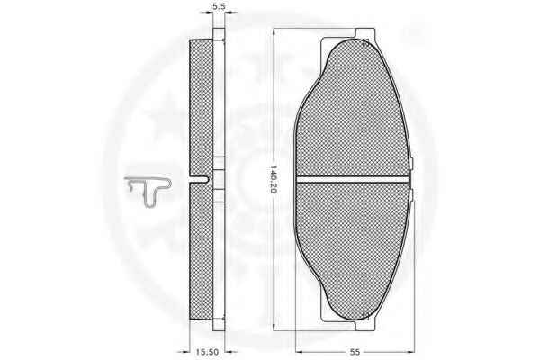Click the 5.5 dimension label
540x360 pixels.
(x=219, y=6)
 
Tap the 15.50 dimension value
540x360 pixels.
(x=207, y=351)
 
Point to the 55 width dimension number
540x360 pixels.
(x=355, y=351)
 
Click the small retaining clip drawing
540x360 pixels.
(x=150, y=191)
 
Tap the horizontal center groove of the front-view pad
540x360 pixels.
(x=352, y=179)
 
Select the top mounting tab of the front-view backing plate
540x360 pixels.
(x=365, y=34)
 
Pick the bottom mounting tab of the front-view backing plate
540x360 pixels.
(x=365, y=326)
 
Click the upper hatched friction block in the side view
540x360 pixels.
(x=201, y=108)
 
